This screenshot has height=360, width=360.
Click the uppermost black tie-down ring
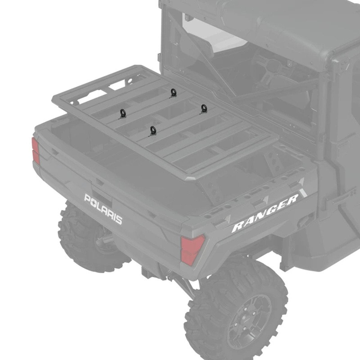pyautogui.click(x=173, y=92)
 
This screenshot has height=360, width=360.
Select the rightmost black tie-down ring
pyautogui.click(x=203, y=108)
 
